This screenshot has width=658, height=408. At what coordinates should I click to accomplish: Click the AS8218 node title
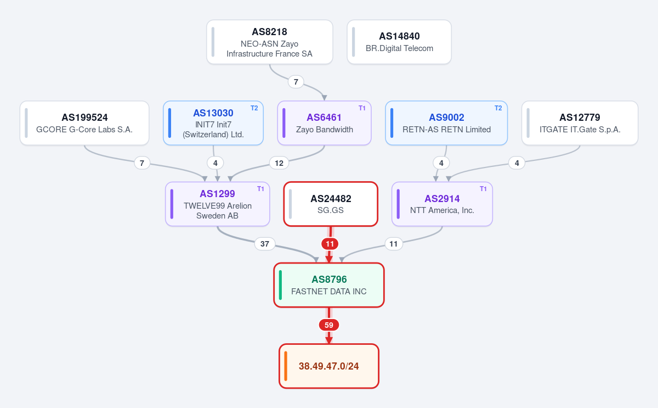click(269, 32)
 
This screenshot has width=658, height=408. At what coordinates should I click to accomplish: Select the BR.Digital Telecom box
click(399, 42)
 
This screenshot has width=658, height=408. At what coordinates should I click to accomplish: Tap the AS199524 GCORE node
click(84, 123)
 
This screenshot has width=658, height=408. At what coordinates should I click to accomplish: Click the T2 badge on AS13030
click(254, 108)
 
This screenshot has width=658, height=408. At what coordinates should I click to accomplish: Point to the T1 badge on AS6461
click(362, 108)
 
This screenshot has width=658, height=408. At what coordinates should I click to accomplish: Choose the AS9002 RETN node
click(446, 123)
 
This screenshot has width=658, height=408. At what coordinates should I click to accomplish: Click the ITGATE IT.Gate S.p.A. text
click(580, 130)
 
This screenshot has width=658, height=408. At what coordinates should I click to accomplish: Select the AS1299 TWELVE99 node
click(217, 204)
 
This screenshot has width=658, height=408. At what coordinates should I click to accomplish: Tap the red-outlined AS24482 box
click(331, 204)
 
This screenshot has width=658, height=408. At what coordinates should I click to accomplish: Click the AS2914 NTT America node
click(442, 204)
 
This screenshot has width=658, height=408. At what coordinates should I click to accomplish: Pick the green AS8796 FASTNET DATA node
click(329, 285)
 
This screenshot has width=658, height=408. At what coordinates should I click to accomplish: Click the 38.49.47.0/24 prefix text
click(328, 366)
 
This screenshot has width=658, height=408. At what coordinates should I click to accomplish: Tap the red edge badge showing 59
click(329, 325)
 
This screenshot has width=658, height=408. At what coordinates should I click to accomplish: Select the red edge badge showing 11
click(330, 244)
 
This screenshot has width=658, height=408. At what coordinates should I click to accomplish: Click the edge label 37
click(265, 244)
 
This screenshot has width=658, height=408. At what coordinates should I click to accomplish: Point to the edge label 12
click(279, 163)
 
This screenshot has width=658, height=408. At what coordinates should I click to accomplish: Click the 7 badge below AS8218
click(296, 82)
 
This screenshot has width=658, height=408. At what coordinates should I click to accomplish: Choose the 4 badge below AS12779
click(517, 163)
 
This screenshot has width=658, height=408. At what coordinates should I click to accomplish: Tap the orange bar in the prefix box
click(286, 366)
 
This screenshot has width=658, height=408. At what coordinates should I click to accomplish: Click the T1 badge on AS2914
click(483, 189)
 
